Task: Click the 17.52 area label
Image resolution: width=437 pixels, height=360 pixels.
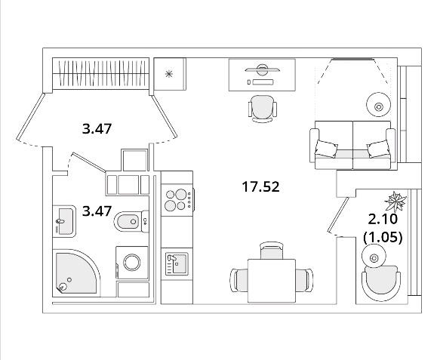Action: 260,186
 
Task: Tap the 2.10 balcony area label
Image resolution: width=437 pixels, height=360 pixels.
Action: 383,219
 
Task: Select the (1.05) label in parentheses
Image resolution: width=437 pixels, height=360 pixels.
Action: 383,238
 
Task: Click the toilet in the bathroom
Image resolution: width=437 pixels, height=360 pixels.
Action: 131,222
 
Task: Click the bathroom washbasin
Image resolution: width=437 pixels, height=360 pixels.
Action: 64,221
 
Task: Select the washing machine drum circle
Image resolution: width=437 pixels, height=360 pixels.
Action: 132,262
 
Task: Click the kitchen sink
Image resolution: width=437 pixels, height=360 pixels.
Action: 177,263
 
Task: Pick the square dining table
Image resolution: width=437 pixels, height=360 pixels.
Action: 272,280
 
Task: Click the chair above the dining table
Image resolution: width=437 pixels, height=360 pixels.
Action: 272,250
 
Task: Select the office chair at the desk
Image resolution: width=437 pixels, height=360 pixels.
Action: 263,109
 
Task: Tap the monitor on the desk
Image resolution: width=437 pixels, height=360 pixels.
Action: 262,69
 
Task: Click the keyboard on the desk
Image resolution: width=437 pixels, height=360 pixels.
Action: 263,82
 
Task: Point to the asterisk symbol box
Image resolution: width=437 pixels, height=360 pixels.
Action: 170,74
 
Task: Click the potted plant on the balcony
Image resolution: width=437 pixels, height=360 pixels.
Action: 395,201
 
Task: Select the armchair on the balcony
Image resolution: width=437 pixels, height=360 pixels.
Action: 381,282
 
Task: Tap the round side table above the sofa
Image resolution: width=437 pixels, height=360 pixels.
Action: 378,104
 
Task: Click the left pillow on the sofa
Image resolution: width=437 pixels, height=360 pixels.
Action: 326,149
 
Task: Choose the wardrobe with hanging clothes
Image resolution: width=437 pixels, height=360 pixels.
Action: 101,73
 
